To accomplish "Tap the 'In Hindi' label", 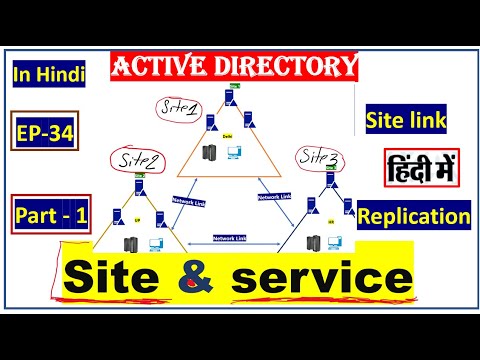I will [x=49, y=75].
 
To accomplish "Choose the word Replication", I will [x=413, y=215].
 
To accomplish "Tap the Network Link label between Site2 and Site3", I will [x=230, y=237].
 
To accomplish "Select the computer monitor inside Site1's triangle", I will [x=233, y=153].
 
